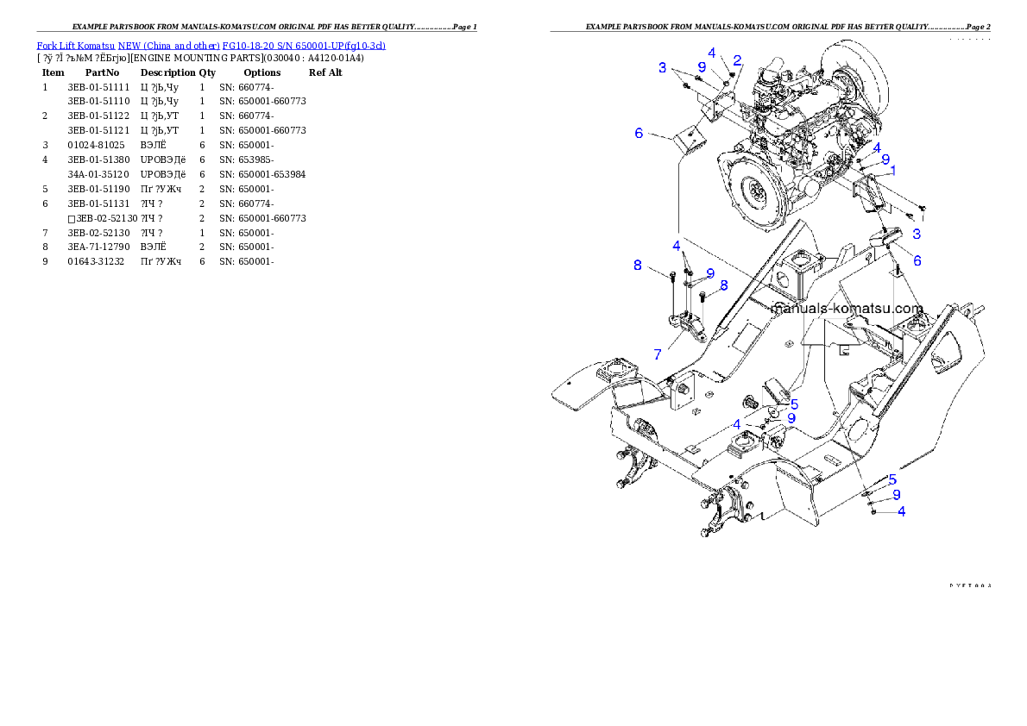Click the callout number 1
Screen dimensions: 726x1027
point(892,171)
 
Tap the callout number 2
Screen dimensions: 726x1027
point(737,59)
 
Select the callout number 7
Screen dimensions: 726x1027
point(658,354)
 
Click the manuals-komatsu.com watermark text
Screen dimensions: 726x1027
point(847,308)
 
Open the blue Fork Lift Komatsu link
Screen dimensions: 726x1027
point(211,45)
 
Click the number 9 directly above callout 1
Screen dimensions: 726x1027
point(885,159)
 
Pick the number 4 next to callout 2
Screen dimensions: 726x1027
point(711,52)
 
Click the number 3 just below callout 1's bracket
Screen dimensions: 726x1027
point(916,234)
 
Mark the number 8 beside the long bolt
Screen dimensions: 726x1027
point(638,265)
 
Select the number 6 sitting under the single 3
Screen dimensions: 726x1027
point(917,260)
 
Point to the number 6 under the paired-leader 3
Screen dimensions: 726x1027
point(639,133)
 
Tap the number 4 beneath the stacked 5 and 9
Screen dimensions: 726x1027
point(901,510)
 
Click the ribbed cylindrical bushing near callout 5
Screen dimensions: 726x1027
point(753,401)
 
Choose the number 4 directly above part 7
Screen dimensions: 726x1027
point(677,246)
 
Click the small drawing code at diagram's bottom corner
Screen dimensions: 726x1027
point(970,585)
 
